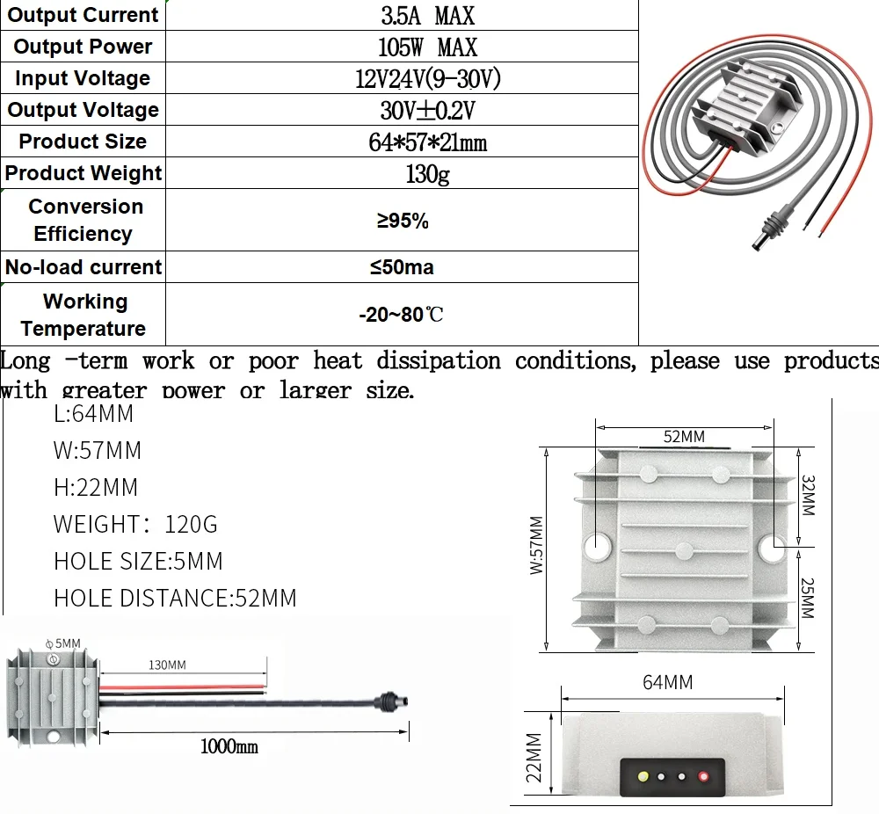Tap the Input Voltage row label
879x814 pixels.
(83, 78)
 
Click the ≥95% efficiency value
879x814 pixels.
(403, 221)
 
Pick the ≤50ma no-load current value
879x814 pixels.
(402, 267)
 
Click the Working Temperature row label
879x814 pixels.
(84, 315)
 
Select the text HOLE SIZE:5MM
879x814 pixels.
(138, 561)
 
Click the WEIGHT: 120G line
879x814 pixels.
(134, 524)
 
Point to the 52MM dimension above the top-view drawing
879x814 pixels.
(684, 437)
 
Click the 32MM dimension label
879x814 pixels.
(808, 497)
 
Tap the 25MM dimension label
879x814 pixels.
(808, 598)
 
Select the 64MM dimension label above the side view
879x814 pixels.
(667, 682)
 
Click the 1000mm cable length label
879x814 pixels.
(229, 746)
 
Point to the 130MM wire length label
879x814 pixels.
(166, 665)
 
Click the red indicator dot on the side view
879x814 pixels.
(702, 776)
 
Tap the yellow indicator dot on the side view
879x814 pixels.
(643, 776)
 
